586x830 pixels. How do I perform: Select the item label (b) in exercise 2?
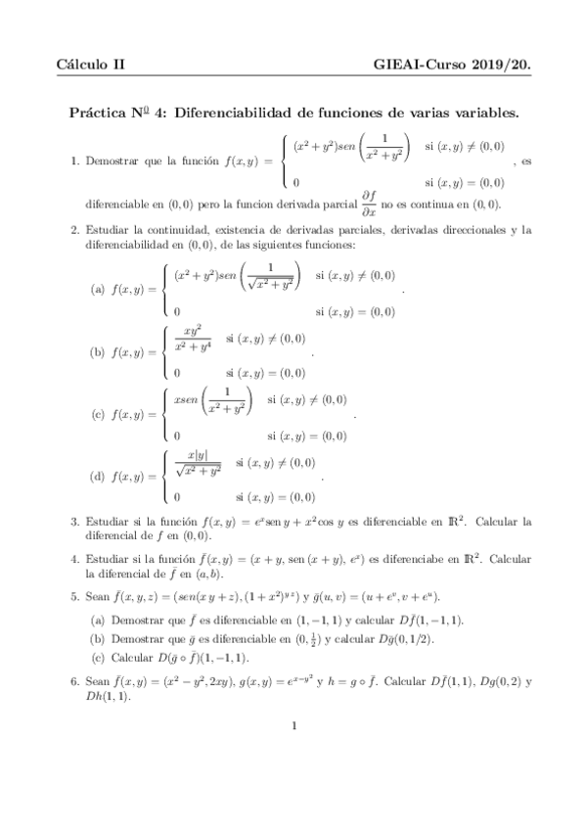click(x=97, y=351)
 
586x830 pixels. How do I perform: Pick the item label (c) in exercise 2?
click(x=97, y=414)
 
